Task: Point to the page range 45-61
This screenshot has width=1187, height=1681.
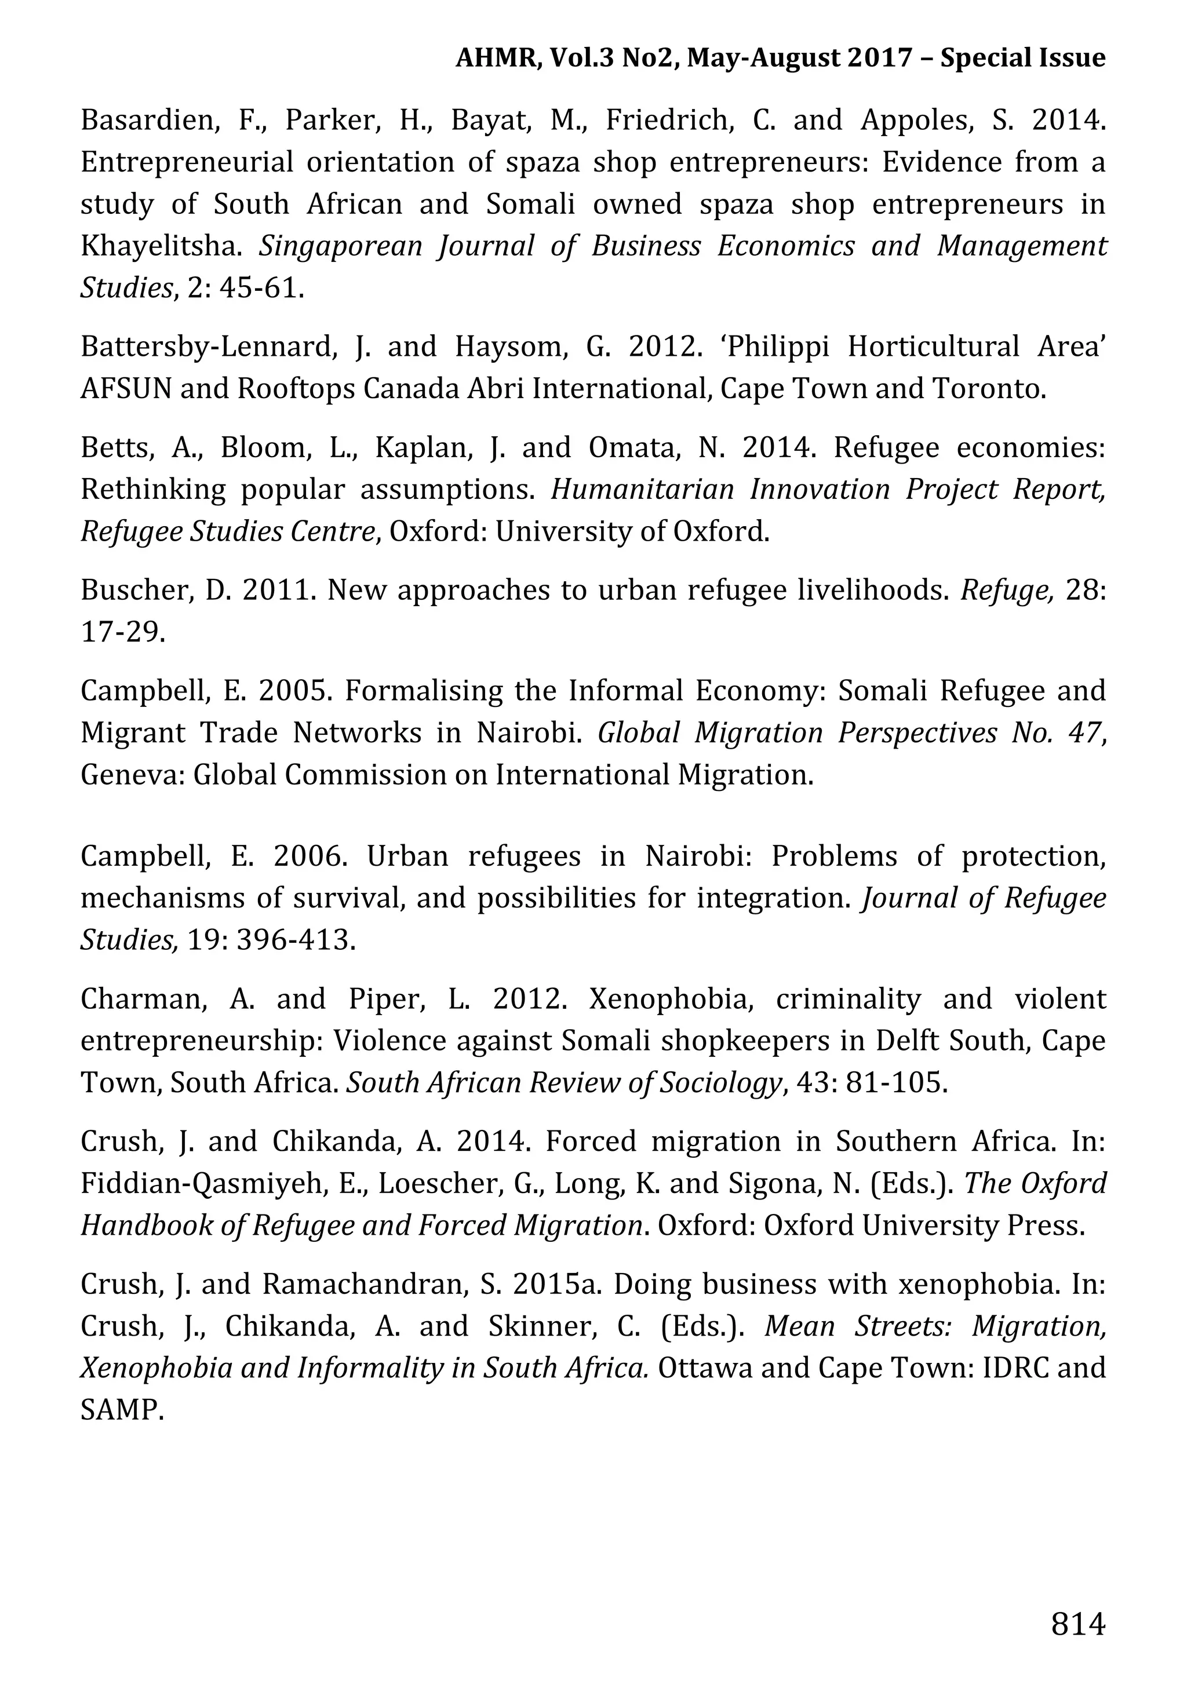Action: pyautogui.click(x=261, y=289)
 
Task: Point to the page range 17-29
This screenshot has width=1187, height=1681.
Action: pyautogui.click(x=122, y=632)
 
